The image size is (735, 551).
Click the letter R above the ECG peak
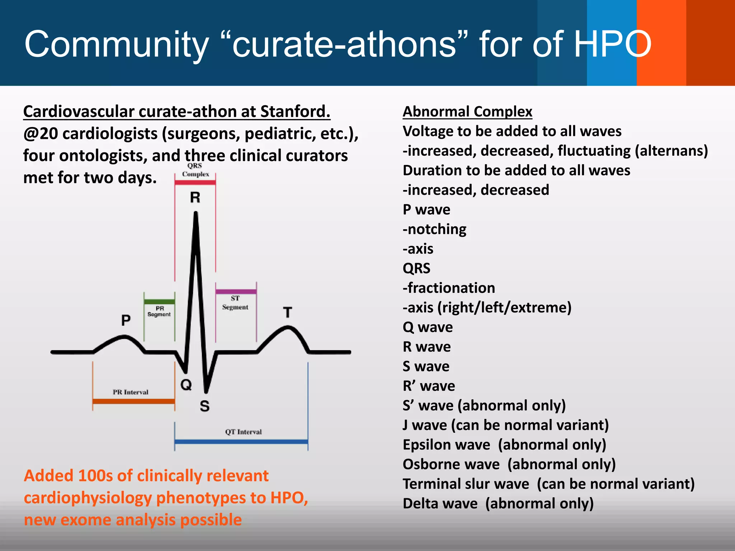[195, 198]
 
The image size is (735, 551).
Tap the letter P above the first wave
[126, 320]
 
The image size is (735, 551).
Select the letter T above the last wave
[287, 312]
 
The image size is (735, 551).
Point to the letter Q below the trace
[186, 385]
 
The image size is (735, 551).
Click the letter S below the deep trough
[205, 406]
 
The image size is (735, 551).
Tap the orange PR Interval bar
[134, 401]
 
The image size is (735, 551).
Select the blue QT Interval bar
[241, 442]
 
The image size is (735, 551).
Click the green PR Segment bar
[159, 302]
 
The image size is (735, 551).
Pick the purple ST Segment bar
[236, 292]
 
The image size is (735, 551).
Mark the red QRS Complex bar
[195, 182]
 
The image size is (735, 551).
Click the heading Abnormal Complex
[467, 112]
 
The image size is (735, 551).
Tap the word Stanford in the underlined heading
[295, 112]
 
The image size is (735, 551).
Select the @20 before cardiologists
[41, 134]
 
